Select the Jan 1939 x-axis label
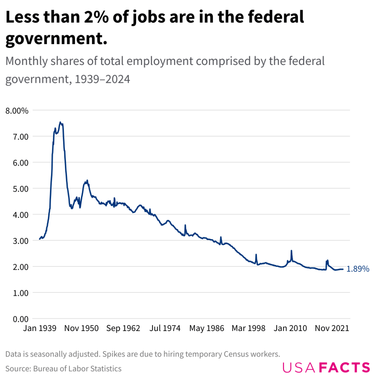(x=40, y=328)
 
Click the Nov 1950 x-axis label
(x=82, y=328)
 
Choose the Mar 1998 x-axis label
(x=249, y=328)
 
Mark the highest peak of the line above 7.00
(x=60, y=122)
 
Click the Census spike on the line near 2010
(x=292, y=251)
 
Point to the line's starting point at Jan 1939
(x=39, y=239)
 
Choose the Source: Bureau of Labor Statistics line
(x=63, y=368)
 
